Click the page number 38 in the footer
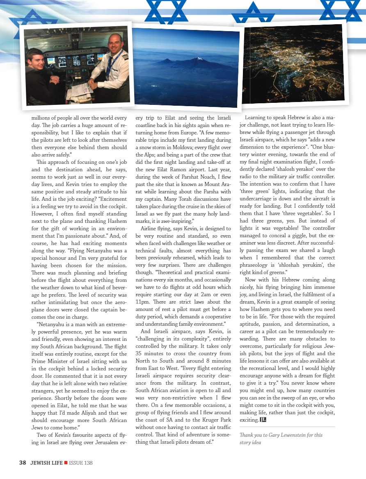pyautogui.click(x=23, y=463)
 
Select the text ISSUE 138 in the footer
pyautogui.click(x=81, y=463)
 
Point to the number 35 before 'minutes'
pyautogui.click(x=140, y=353)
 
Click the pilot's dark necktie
pyautogui.click(x=109, y=63)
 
